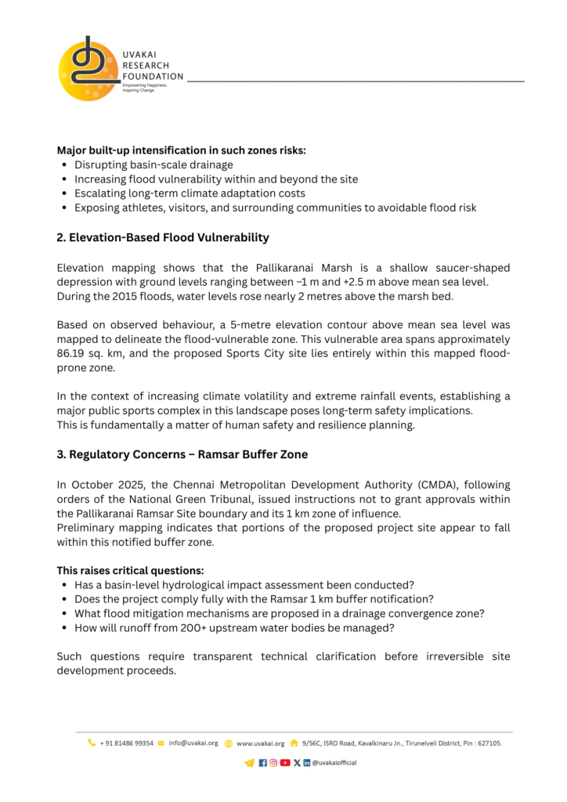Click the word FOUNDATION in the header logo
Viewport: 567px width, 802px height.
pos(153,77)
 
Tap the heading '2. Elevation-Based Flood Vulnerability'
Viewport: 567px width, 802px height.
pos(163,237)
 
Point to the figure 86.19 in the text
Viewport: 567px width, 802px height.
pos(72,354)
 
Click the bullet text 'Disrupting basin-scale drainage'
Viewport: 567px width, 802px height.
pos(153,164)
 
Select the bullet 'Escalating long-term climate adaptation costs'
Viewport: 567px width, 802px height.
pos(190,193)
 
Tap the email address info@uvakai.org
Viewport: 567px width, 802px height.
pos(193,742)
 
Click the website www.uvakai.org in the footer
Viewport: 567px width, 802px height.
pos(260,742)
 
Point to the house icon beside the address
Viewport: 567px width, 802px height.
pos(294,742)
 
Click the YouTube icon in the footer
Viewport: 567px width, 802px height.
pos(285,763)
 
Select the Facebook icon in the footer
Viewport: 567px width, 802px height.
pos(262,763)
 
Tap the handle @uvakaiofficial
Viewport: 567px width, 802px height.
pos(334,763)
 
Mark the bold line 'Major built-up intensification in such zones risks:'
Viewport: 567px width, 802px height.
pos(181,150)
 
